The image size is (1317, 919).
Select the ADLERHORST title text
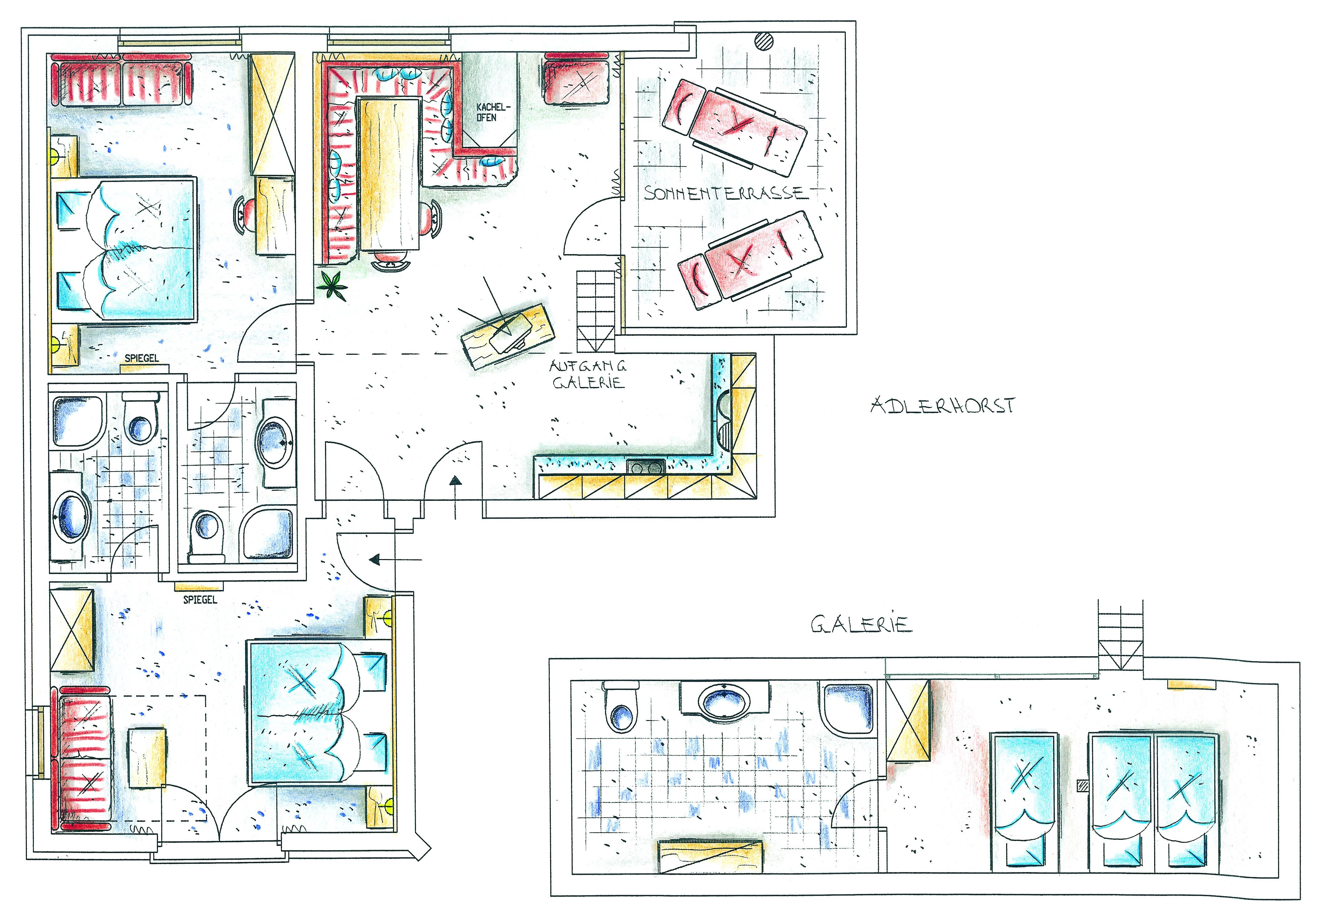point(942,406)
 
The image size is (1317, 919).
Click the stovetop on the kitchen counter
point(646,466)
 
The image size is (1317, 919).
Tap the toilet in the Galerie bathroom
point(622,707)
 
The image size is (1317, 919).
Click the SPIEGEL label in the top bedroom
point(142,358)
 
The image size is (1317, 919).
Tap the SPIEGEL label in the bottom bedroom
point(200,600)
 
